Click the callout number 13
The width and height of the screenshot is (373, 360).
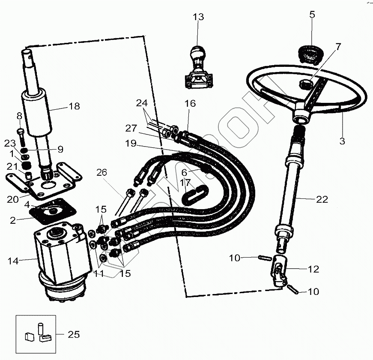[198, 17]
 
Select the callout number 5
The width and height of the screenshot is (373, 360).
[312, 15]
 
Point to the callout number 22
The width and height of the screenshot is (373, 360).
[322, 199]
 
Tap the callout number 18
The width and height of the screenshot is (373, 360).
[74, 106]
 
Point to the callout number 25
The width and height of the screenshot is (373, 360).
[74, 334]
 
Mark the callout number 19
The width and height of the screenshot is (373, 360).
[131, 144]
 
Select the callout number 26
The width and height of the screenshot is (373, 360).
[101, 173]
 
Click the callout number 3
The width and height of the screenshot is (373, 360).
[342, 141]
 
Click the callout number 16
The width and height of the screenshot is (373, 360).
[190, 103]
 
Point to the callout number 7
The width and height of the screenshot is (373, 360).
[338, 47]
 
